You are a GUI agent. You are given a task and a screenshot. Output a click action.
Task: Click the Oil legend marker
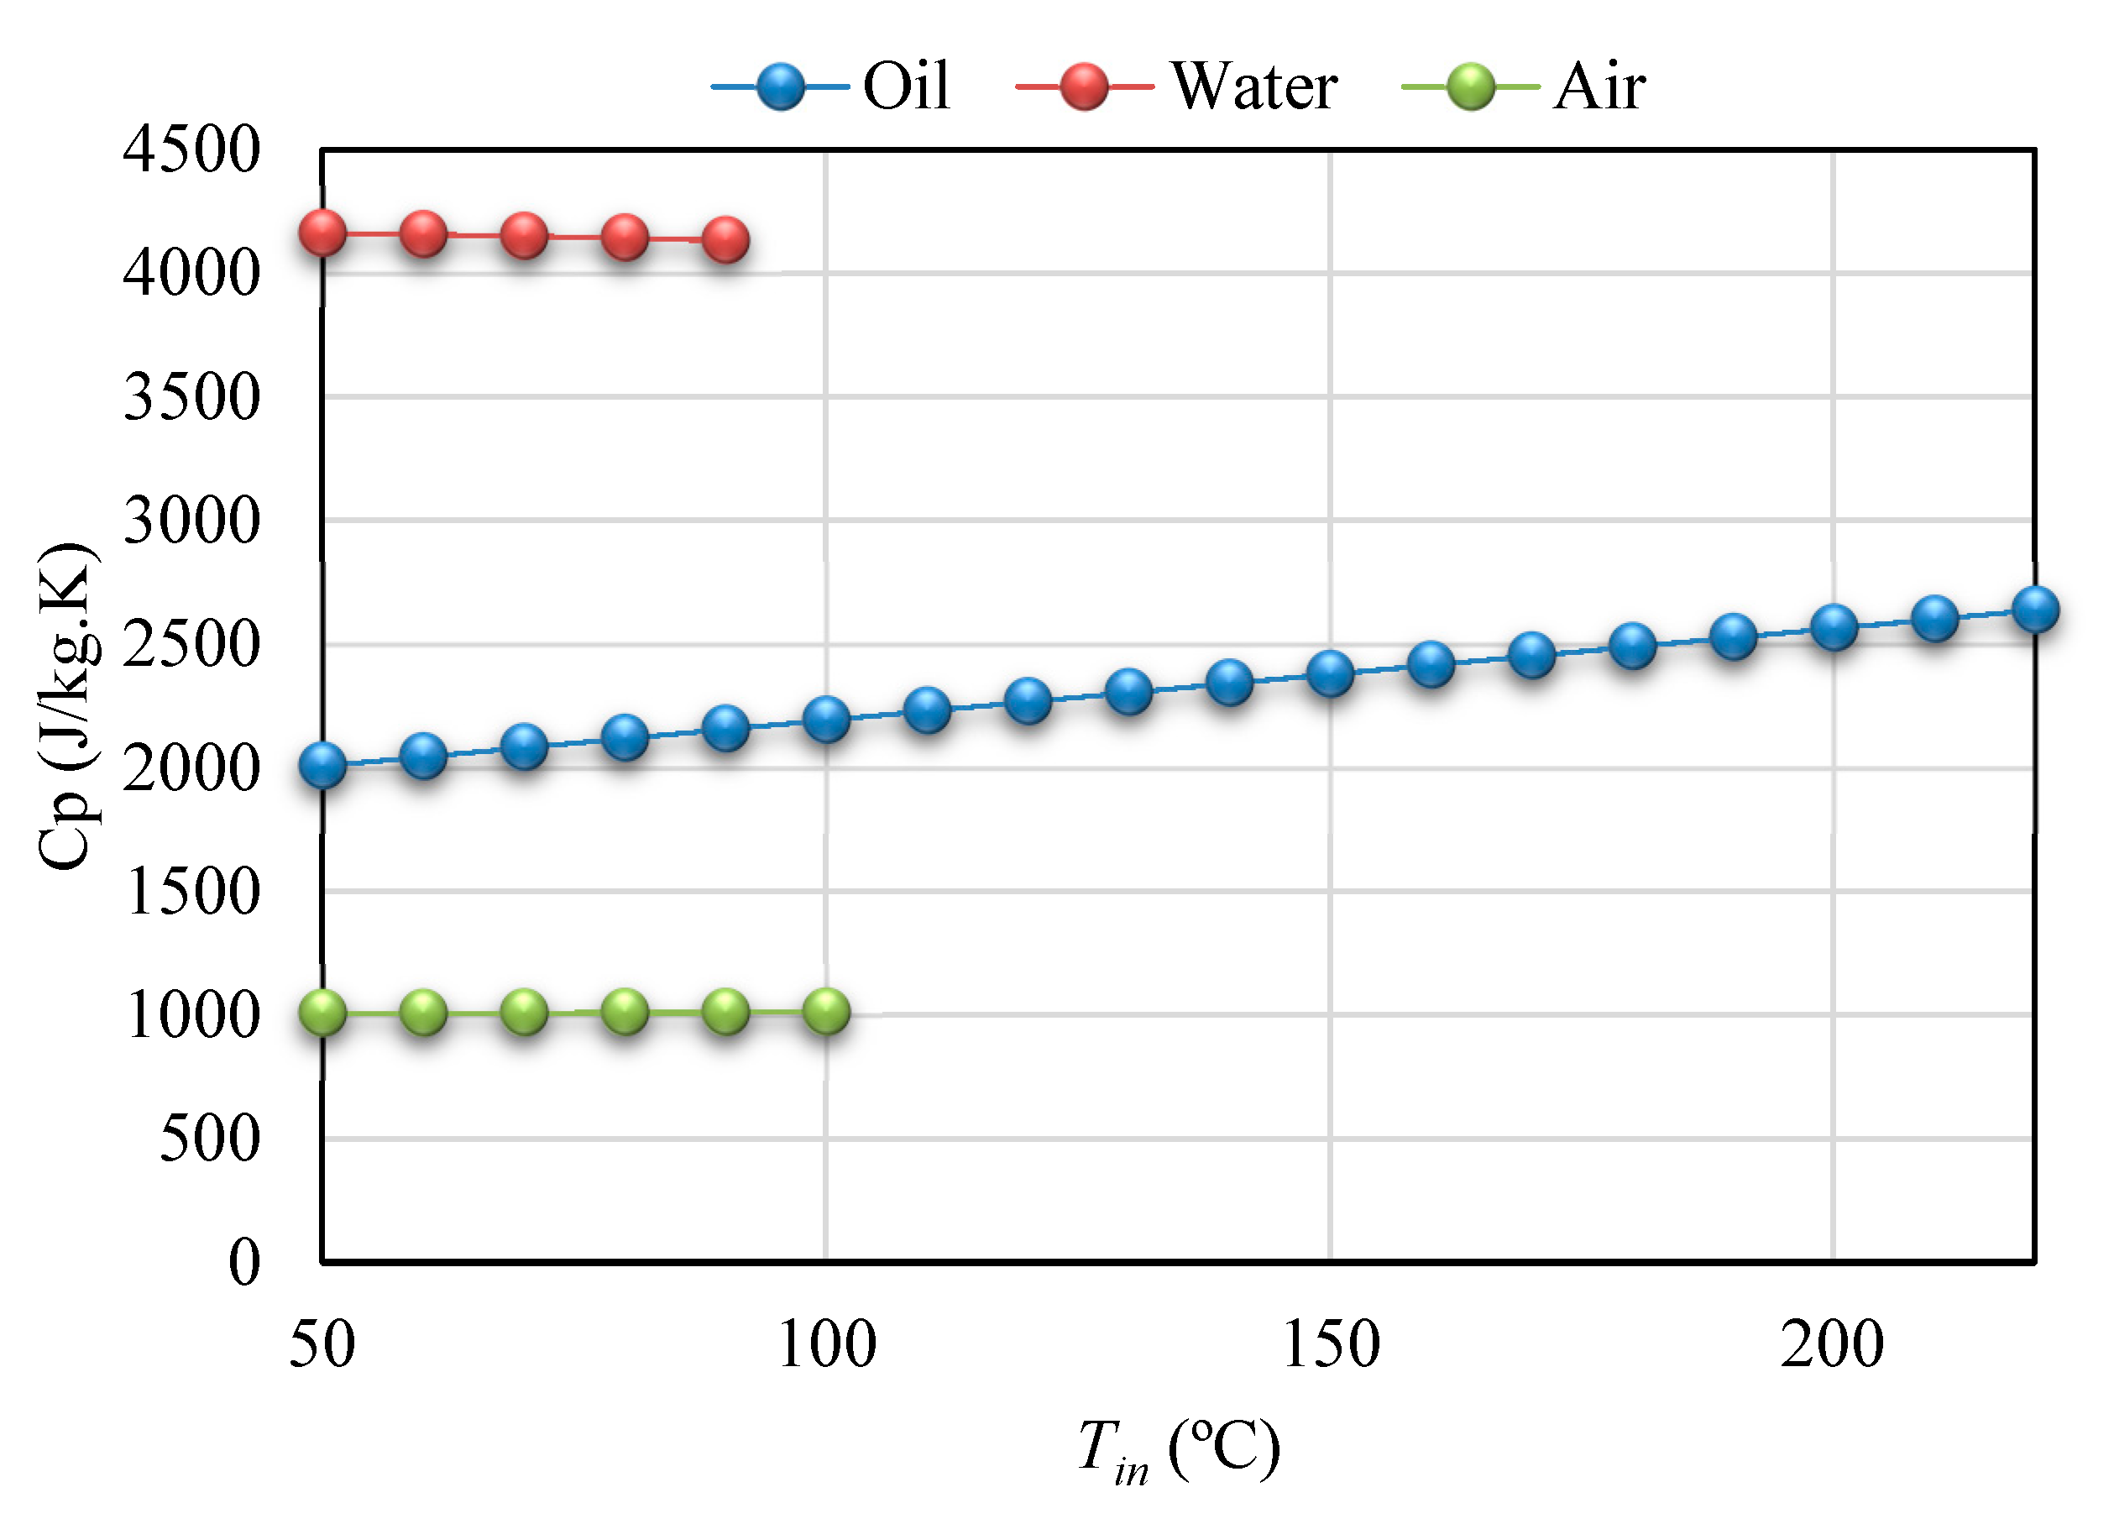click(x=780, y=86)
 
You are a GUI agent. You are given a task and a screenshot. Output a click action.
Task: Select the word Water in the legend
click(x=1254, y=86)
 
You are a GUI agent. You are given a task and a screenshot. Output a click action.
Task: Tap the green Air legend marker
click(x=1471, y=86)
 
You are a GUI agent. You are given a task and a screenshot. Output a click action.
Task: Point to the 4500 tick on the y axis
click(x=191, y=149)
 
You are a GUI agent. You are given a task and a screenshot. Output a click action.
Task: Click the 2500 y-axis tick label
click(x=191, y=644)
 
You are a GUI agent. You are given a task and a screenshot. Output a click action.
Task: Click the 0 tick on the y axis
click(x=244, y=1263)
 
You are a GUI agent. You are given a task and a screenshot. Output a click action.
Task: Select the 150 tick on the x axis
click(x=1330, y=1345)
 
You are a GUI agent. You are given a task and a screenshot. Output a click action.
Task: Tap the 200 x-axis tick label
click(x=1832, y=1345)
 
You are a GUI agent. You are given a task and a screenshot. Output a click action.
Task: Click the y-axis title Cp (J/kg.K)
click(x=67, y=705)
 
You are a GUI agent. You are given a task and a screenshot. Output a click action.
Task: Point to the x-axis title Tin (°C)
click(x=1178, y=1448)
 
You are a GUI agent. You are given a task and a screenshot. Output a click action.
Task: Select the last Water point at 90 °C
click(x=725, y=240)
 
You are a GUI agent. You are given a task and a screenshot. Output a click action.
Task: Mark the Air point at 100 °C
click(x=826, y=1011)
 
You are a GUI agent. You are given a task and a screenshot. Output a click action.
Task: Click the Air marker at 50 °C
click(x=322, y=1013)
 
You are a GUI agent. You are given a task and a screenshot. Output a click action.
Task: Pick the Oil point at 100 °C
click(x=826, y=719)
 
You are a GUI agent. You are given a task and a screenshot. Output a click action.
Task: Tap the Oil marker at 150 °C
click(x=1330, y=673)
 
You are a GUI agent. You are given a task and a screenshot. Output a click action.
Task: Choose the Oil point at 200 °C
click(x=1834, y=627)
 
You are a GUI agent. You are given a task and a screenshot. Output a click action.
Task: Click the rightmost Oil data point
click(x=2035, y=610)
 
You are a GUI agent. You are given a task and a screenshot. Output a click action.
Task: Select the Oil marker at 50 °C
click(x=322, y=765)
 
